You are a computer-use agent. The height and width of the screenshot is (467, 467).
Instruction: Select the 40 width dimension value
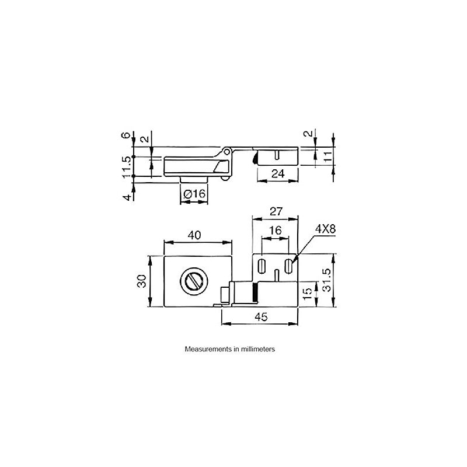pos(194,235)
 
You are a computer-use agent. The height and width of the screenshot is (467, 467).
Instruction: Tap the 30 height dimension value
pos(141,281)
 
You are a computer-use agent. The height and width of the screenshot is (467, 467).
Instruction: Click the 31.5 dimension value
pos(326,281)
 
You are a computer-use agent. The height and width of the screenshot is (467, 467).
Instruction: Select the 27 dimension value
pos(275,211)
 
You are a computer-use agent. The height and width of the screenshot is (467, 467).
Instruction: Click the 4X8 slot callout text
pos(325,229)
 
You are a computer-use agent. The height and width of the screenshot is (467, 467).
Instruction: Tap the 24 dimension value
pos(278,173)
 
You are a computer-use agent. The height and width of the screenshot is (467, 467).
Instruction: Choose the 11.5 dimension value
pos(126,167)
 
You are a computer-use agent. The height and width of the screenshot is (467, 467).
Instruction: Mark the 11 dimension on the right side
pos(327,156)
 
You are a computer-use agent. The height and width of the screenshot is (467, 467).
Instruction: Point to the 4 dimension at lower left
pos(126,197)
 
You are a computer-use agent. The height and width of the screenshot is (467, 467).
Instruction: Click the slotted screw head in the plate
pos(192,282)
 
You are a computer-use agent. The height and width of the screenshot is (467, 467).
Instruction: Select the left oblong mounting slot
pos(263,266)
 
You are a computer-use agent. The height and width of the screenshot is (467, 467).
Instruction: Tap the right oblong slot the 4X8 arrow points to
pos(288,266)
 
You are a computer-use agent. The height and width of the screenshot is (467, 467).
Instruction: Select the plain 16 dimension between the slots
pos(276,231)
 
